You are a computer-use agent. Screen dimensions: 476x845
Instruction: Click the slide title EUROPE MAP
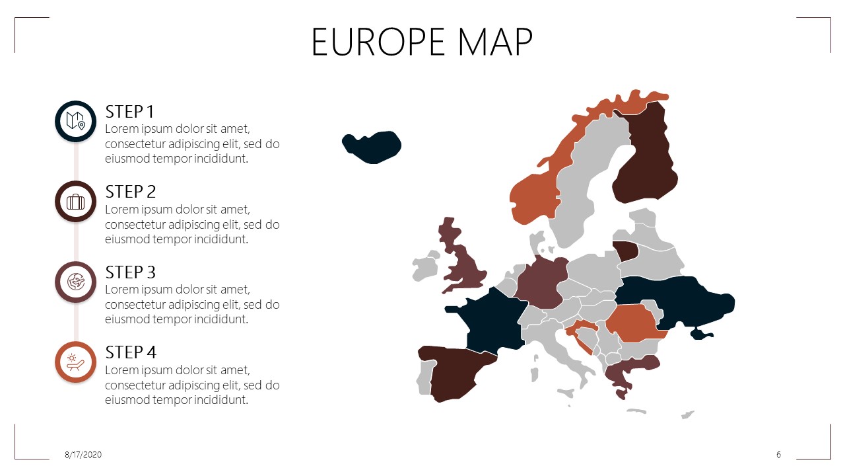tap(422, 42)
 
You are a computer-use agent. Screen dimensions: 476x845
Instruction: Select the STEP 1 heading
tap(129, 111)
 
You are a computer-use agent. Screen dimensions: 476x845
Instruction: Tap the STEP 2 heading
tap(131, 192)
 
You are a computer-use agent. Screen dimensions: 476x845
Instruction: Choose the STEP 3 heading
tap(131, 272)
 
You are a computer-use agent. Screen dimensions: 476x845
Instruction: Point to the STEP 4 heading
tap(131, 352)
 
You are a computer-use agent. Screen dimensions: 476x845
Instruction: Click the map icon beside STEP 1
tap(76, 121)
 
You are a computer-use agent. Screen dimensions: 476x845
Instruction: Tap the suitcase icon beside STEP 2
tap(76, 202)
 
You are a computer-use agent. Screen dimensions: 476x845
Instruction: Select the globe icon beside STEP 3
tap(76, 282)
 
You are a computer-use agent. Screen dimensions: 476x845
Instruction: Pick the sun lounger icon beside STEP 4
tap(76, 362)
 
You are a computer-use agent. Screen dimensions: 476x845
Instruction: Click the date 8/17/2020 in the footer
tap(83, 455)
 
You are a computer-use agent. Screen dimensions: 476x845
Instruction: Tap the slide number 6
tap(779, 455)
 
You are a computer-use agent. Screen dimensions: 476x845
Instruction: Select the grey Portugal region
tap(423, 380)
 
